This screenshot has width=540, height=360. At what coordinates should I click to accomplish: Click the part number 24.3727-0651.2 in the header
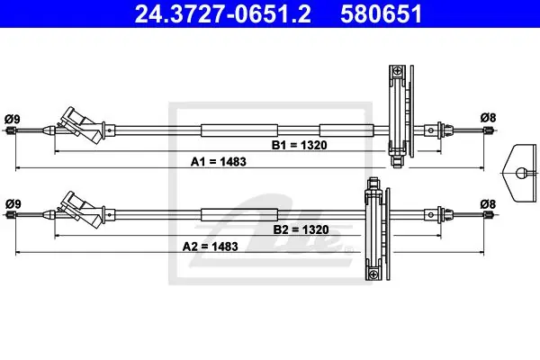(222, 13)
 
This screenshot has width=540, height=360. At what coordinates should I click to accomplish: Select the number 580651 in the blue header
(381, 13)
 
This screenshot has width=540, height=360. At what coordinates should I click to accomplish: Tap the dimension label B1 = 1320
(300, 145)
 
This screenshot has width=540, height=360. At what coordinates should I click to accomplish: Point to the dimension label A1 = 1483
(219, 162)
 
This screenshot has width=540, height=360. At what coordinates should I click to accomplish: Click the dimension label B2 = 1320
(301, 229)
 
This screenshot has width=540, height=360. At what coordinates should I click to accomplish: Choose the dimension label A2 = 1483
(210, 247)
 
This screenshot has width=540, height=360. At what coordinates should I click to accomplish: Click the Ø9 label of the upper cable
(13, 119)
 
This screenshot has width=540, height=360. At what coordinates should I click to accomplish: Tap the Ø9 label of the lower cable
(13, 203)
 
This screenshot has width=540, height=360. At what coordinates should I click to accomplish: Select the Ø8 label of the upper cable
(488, 118)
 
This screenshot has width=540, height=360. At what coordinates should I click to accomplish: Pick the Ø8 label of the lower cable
(488, 204)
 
